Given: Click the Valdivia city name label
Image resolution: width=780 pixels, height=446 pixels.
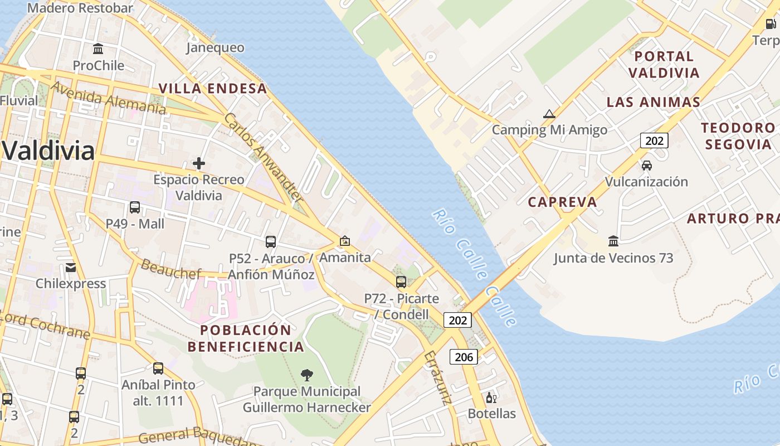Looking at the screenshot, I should point(48,151).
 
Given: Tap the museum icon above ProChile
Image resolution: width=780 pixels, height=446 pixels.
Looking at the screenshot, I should point(99,49).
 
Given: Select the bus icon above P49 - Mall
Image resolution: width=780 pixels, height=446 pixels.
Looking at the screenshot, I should point(135,207).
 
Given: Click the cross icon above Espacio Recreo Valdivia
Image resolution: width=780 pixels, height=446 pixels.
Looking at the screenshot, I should point(199,163).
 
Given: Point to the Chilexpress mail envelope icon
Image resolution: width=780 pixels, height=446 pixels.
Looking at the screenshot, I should point(71,268).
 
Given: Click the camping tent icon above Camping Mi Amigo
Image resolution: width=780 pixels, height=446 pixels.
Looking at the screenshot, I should point(549,114).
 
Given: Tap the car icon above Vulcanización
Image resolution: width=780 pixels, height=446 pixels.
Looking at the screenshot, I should point(647,166).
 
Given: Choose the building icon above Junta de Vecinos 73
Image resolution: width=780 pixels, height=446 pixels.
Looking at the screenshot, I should point(613,241).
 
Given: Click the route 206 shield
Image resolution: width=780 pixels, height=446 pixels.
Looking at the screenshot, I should point(464,357).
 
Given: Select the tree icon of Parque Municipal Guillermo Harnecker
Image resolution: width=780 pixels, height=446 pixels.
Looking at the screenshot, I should point(306,375).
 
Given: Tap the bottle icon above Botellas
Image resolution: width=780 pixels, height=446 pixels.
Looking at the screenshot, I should point(491,397).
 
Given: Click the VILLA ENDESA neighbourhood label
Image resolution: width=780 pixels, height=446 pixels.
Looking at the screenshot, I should point(213,89).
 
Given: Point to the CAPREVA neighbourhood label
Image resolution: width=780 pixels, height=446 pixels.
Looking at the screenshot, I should point(562,202).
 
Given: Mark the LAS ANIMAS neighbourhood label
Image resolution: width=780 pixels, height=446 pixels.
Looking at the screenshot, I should point(654,102).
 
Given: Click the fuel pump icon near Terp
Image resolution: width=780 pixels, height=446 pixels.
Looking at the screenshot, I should point(771,23).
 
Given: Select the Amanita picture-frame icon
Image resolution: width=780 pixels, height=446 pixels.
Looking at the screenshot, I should point(345,241).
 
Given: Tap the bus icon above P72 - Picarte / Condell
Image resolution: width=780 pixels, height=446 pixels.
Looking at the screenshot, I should point(401,282).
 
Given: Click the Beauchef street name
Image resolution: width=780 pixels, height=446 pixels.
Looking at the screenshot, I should point(170,269).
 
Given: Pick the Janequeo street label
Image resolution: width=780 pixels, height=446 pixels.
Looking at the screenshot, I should point(215,48).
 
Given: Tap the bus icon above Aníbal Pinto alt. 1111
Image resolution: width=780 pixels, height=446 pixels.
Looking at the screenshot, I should point(158,369).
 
